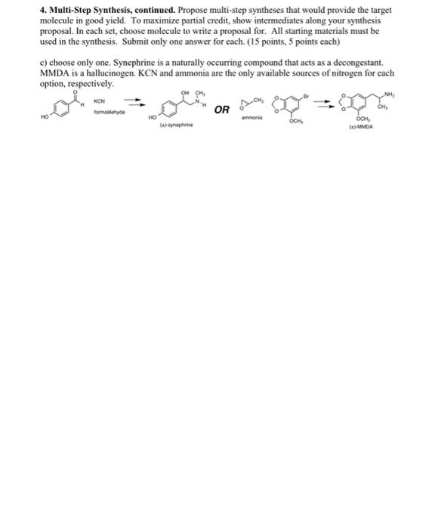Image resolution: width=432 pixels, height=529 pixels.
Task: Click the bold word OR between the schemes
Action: point(222,110)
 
